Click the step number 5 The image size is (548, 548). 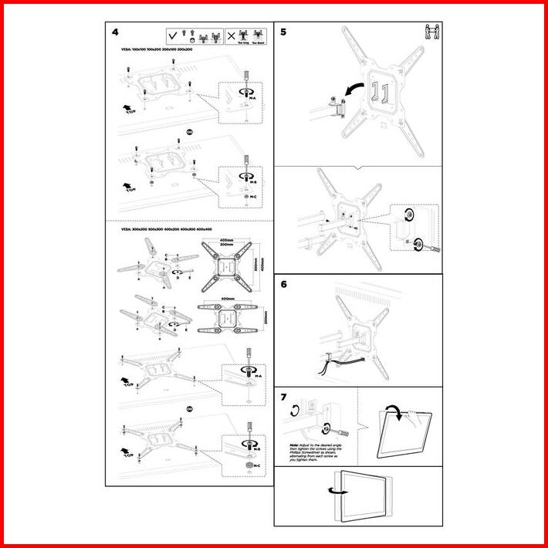tap(282, 32)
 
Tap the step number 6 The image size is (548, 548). tap(283, 284)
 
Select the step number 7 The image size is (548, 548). tap(283, 397)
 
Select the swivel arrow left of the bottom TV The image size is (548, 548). tap(333, 489)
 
